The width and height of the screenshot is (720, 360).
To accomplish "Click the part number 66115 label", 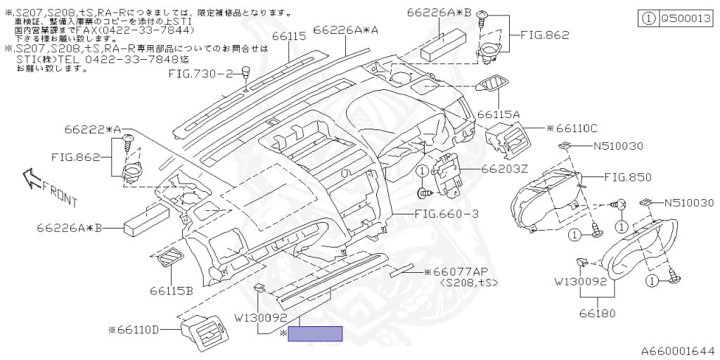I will pos(288,36).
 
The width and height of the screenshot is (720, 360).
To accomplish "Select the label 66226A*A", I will pos(346,30).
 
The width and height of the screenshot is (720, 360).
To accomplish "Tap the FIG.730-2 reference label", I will pos(200,73).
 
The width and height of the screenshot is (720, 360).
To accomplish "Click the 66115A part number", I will pos(498,114).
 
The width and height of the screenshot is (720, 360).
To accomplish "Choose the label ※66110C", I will pos(572,129).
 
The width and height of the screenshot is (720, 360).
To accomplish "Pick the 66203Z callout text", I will pos(505,169).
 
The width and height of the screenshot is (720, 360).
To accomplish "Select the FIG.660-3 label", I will pos(446,214).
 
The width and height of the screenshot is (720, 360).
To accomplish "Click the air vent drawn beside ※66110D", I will pos(202,332).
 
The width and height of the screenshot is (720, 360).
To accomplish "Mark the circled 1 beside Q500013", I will pos(648,20).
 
